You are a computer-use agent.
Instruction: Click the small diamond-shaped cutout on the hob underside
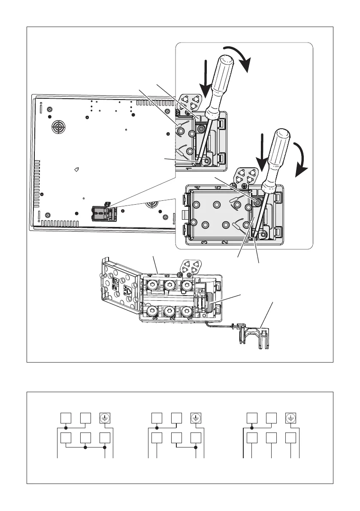tap(77, 169)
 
